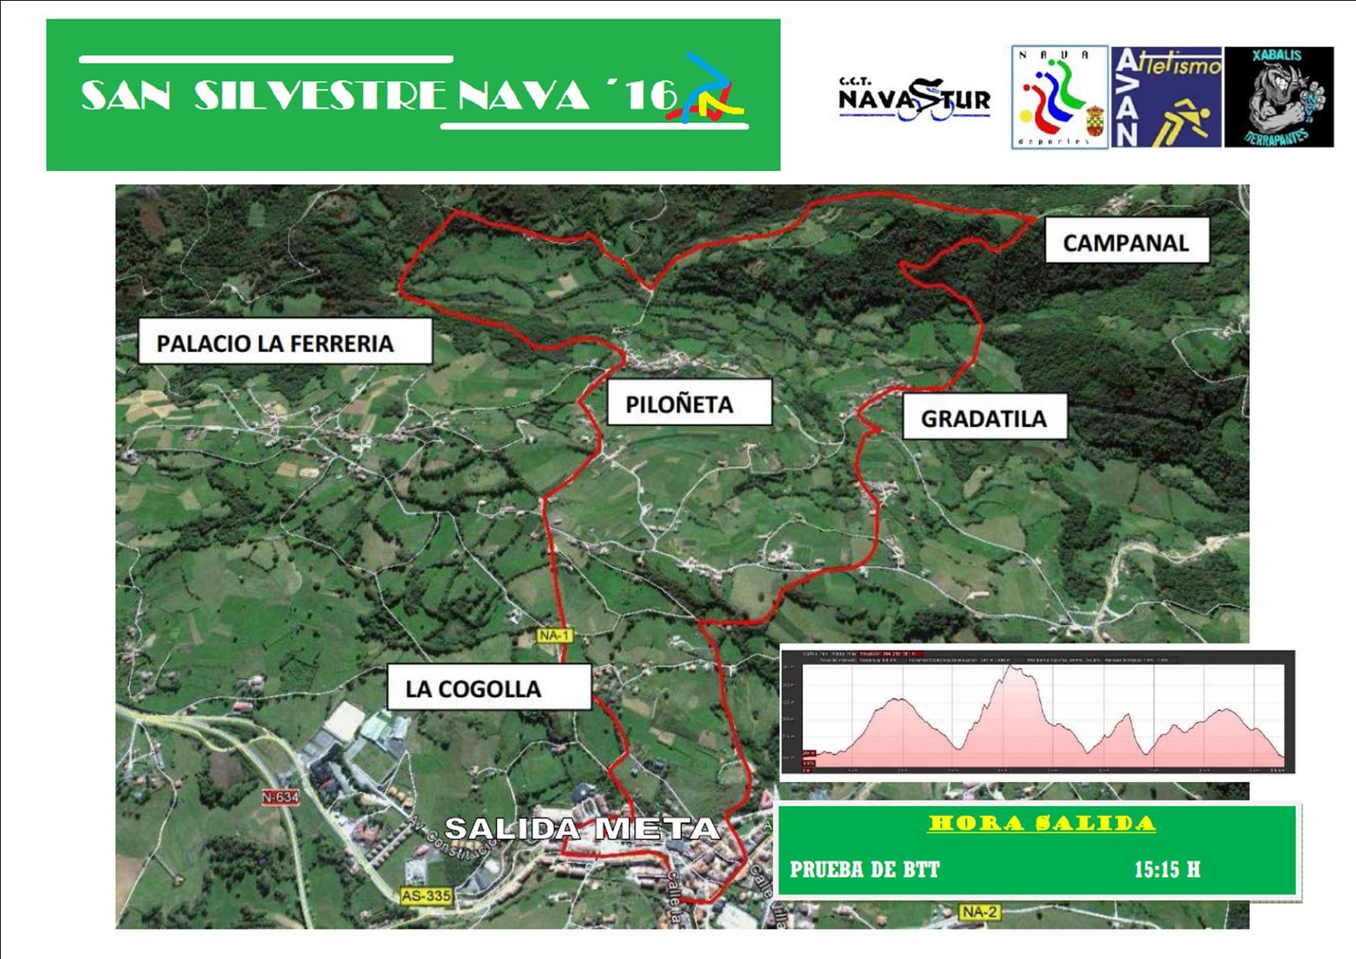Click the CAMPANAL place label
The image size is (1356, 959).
[x=1126, y=243]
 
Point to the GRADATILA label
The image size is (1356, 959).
[x=983, y=418]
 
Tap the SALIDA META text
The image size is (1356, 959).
[x=581, y=829]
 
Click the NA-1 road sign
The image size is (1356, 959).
[x=554, y=635]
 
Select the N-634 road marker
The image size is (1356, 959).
[x=280, y=797]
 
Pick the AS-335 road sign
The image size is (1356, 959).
[x=426, y=896]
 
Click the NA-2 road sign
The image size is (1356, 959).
[x=979, y=912]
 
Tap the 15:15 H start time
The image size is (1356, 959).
[x=1167, y=869]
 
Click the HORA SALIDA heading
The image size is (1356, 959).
[x=1041, y=824]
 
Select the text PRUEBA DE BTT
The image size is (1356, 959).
[x=864, y=869]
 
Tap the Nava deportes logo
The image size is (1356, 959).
[x=1059, y=97]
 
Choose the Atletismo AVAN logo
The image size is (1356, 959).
[x=1166, y=97]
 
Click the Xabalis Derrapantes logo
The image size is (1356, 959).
[x=1279, y=97]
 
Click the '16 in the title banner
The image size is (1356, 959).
[x=642, y=94]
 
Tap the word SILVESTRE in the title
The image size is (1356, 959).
[x=320, y=96]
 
